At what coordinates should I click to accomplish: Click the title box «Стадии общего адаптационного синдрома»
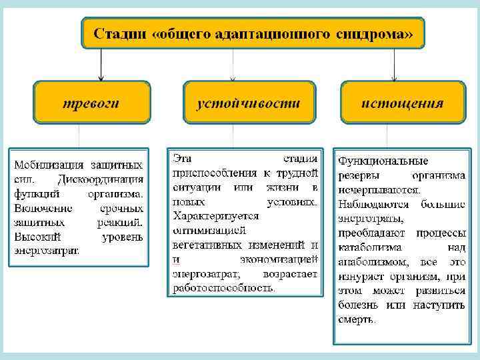253,33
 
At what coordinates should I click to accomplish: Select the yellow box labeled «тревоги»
92,102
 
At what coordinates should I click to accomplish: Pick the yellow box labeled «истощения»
402,102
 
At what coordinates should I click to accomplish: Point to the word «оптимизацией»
209,231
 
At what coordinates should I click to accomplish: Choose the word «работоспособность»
223,288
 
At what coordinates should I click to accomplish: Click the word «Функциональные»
383,161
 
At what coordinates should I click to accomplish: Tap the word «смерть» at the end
357,319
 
